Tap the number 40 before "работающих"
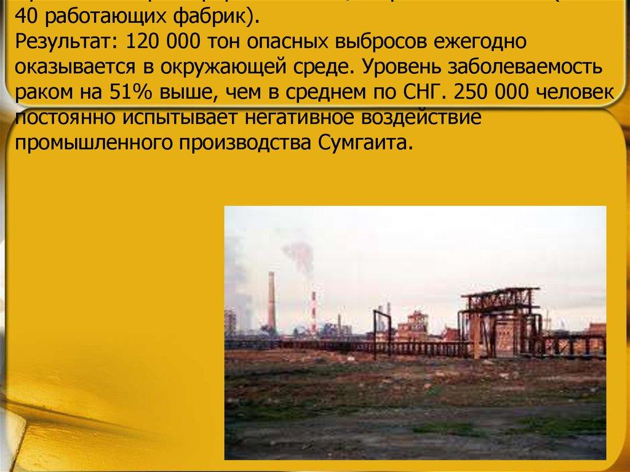pyautogui.click(x=28, y=17)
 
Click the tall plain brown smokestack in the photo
pyautogui.click(x=271, y=302)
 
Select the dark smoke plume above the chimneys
pyautogui.click(x=297, y=252)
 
